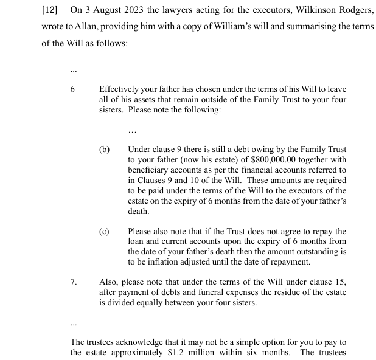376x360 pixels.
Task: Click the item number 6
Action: (x=72, y=89)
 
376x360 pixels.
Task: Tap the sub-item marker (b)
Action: (x=104, y=149)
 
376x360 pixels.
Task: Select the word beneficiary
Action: (x=151, y=170)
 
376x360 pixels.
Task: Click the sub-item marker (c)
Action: (x=104, y=232)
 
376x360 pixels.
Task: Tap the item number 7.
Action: (x=74, y=282)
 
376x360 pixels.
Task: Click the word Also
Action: (x=109, y=282)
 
